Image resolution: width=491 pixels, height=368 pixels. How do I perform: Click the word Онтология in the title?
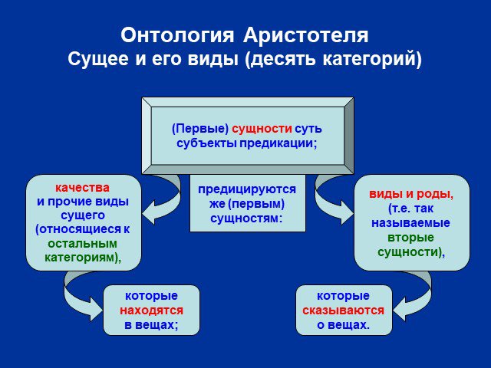[x=177, y=35]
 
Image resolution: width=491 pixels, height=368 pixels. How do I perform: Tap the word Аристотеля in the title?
[x=305, y=35]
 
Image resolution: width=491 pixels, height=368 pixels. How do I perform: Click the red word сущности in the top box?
[x=262, y=129]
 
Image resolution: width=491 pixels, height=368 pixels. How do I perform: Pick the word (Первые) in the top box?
[x=200, y=129]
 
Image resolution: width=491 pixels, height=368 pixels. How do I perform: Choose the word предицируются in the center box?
[x=247, y=189]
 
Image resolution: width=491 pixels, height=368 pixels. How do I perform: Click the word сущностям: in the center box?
[x=246, y=218]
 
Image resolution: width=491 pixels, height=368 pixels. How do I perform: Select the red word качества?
[x=82, y=188]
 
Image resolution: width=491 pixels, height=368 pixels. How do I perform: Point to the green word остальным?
[x=83, y=244]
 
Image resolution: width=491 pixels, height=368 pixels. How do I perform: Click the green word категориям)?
[x=83, y=258]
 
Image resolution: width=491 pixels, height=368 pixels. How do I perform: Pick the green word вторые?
[x=410, y=238]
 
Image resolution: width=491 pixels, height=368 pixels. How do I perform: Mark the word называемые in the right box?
[x=410, y=223]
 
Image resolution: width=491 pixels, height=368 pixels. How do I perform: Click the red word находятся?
[x=152, y=310]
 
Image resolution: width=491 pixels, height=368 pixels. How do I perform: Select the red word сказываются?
[x=343, y=310]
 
